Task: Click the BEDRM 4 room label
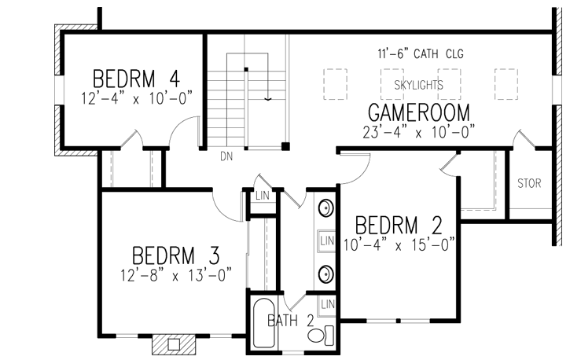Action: point(137,79)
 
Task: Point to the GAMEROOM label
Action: point(418,111)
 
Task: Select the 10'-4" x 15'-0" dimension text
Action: point(399,244)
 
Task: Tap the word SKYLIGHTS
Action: point(418,83)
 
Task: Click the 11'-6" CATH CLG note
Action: point(418,54)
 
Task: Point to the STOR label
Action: point(529,185)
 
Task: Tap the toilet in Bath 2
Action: point(317,336)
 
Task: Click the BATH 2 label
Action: point(291,320)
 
